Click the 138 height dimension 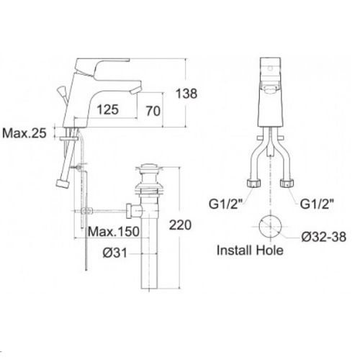click(186, 94)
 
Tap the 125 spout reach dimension click(108, 109)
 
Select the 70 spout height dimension click(153, 111)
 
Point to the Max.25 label click(24, 133)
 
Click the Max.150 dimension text click(114, 232)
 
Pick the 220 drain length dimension click(180, 225)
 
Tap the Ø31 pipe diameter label click(114, 253)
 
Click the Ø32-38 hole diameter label click(324, 237)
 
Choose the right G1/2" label click(317, 204)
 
